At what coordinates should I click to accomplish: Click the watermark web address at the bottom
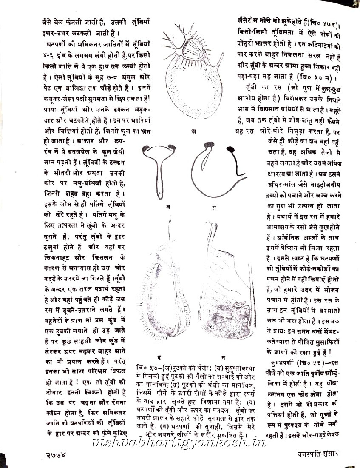coord(180,443)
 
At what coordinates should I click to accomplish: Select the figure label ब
coord(169,206)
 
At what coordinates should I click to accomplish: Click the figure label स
coord(214,207)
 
